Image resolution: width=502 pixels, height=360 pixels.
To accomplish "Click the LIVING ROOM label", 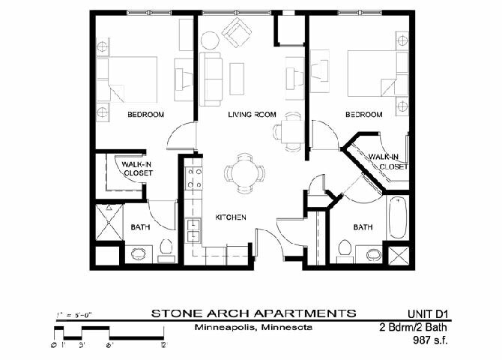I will point(252,115).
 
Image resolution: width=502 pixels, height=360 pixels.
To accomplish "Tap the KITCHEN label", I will point(232,217).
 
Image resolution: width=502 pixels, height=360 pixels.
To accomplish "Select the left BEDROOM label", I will point(145,115).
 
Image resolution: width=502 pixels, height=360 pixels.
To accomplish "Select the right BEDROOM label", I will point(363,115).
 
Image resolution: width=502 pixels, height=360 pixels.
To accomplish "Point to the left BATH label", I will point(139,227).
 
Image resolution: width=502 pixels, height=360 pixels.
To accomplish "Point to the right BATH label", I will point(363,227).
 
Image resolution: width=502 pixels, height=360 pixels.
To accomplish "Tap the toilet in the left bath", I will point(139,253).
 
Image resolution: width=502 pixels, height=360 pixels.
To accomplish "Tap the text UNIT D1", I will point(431,313).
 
